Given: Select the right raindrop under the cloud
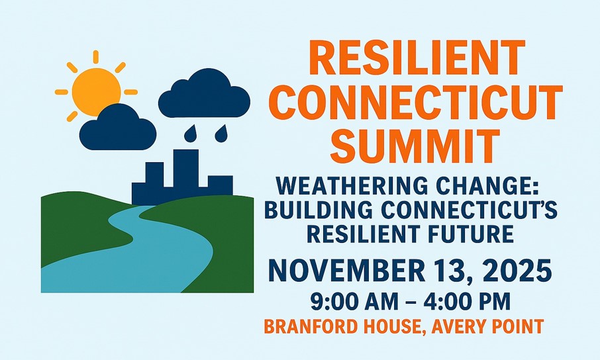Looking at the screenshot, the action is (221, 134).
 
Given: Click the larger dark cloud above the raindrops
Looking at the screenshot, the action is (205, 94).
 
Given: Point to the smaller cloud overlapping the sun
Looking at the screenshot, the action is (118, 128).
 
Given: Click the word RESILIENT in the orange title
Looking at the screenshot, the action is (417, 58).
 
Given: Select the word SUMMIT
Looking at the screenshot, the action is (415, 146).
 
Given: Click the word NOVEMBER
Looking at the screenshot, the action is (346, 271).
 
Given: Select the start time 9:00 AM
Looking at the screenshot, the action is (354, 301).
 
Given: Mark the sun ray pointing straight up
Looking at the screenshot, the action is (95, 57).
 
